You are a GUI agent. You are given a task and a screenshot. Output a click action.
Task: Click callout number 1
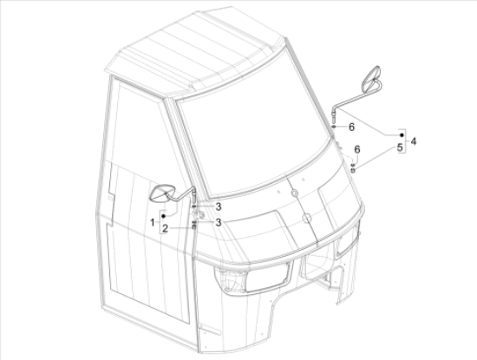point(153,222)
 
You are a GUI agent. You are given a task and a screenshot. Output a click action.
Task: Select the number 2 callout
point(165,228)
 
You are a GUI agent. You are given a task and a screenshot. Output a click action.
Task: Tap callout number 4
point(413,141)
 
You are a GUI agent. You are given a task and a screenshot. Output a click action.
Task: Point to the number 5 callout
point(400,147)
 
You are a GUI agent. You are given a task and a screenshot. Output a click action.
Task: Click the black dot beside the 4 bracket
point(402,134)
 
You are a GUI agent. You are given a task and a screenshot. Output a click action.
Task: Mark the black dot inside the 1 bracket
point(163,216)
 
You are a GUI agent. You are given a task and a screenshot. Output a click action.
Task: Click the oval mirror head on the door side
point(163,193)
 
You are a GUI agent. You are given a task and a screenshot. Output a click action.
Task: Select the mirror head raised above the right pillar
point(371,78)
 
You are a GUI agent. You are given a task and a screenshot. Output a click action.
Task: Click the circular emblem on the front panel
point(295,193)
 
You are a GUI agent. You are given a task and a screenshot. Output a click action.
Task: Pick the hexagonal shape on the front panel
point(306,218)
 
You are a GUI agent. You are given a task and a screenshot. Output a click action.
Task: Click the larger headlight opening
point(268,278)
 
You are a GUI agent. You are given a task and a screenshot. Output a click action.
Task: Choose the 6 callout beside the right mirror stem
point(351,127)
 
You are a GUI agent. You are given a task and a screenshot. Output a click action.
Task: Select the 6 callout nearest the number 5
point(357,149)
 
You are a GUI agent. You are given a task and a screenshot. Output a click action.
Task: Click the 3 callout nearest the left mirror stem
point(218,207)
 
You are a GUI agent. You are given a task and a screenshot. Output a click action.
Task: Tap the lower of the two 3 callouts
point(218,222)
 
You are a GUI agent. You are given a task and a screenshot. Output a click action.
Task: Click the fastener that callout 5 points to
point(353,170)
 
